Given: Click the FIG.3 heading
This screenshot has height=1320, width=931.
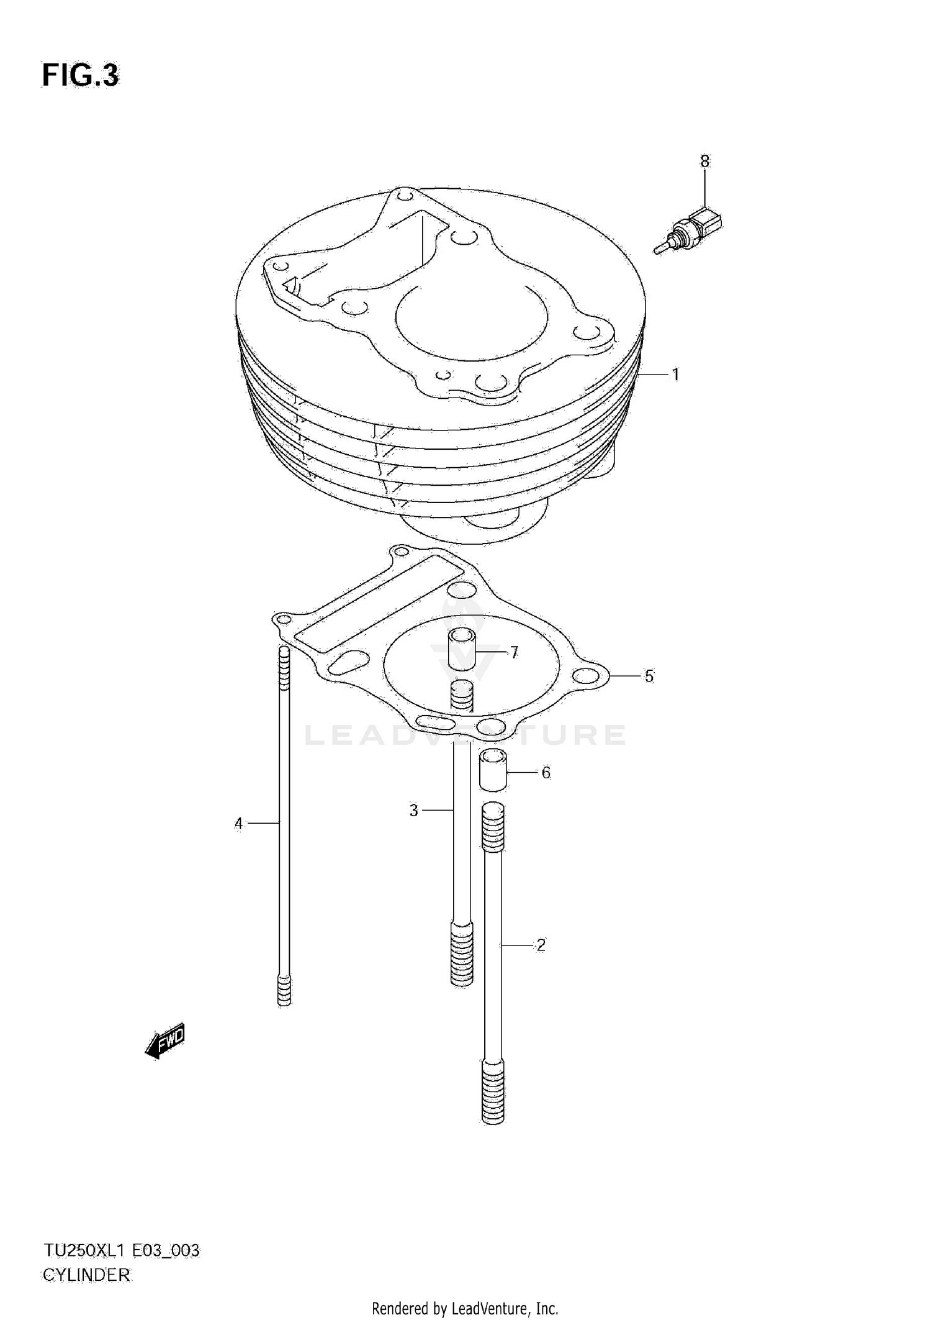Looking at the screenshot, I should pyautogui.click(x=80, y=76).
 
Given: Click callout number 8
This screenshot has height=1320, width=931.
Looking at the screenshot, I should pyautogui.click(x=704, y=162).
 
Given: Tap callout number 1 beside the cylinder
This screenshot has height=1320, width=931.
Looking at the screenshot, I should pyautogui.click(x=675, y=375).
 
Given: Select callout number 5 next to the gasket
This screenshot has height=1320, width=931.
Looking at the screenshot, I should pyautogui.click(x=649, y=676).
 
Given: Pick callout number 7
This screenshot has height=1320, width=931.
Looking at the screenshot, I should pyautogui.click(x=514, y=652).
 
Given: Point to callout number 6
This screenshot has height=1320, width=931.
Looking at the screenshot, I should pyautogui.click(x=546, y=773).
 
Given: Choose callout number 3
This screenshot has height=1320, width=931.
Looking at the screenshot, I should pyautogui.click(x=414, y=811).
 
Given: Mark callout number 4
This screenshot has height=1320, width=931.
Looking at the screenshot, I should pyautogui.click(x=239, y=824).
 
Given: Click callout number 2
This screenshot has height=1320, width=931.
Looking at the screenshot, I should pyautogui.click(x=541, y=945).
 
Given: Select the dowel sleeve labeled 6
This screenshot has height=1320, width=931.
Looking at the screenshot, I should pyautogui.click(x=492, y=770).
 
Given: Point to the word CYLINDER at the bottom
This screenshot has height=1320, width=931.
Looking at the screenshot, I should pyautogui.click(x=86, y=1275).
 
